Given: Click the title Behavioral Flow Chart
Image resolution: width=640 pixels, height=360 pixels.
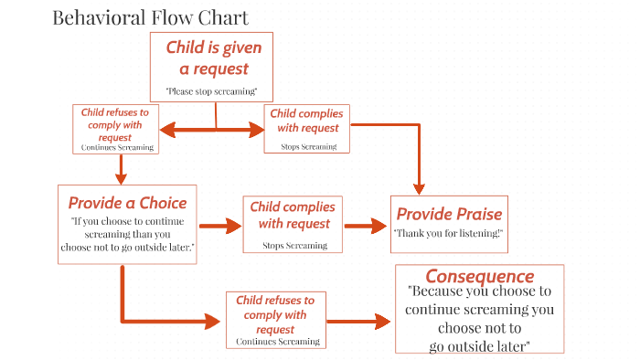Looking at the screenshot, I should pyautogui.click(x=150, y=17).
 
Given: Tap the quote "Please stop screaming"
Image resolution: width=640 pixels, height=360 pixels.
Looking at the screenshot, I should pyautogui.click(x=212, y=90).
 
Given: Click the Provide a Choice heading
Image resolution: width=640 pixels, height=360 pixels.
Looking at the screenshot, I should pyautogui.click(x=127, y=203).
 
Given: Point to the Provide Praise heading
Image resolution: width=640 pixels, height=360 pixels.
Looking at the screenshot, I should pyautogui.click(x=449, y=214).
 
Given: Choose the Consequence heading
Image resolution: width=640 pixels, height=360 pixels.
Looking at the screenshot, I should pyautogui.click(x=479, y=276).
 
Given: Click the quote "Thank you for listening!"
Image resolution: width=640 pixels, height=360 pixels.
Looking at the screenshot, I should pyautogui.click(x=449, y=233).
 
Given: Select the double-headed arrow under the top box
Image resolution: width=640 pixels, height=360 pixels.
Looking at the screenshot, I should pyautogui.click(x=216, y=132).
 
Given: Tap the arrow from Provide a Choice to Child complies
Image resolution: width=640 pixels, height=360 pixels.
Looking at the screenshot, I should pyautogui.click(x=218, y=225).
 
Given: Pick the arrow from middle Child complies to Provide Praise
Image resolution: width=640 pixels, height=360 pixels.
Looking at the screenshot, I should pyautogui.click(x=367, y=225).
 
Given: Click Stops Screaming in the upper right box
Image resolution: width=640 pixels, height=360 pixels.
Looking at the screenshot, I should pyautogui.click(x=308, y=146).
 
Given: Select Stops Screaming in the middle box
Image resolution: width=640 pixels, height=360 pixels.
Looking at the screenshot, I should pyautogui.click(x=292, y=245).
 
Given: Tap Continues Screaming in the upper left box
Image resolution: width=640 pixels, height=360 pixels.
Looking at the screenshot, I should pyautogui.click(x=117, y=146).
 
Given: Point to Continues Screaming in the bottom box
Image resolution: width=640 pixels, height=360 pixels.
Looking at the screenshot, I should pyautogui.click(x=277, y=341).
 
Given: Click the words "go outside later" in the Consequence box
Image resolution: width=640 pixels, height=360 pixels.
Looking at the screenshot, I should pyautogui.click(x=478, y=345).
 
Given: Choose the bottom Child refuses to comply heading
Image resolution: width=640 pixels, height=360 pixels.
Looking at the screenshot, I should pyautogui.click(x=275, y=313).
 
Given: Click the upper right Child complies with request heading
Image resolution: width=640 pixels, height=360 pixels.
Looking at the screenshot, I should pyautogui.click(x=308, y=121).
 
